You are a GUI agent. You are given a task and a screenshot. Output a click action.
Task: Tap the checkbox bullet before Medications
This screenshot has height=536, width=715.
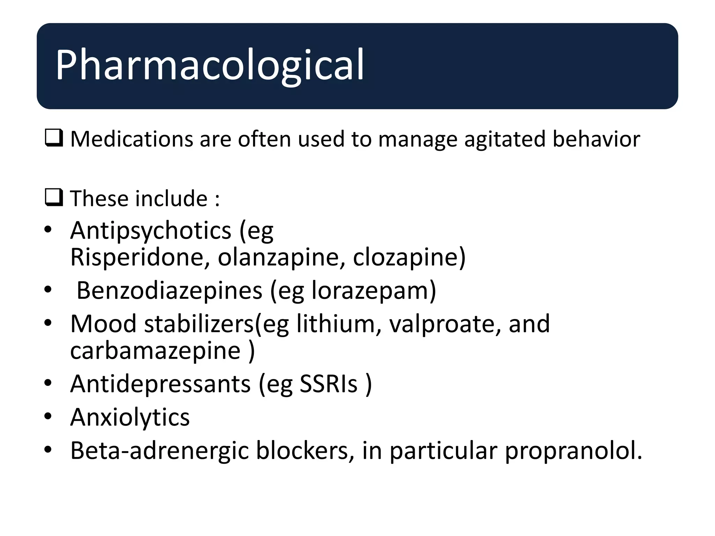54,138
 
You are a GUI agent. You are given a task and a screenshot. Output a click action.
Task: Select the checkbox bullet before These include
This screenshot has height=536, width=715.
54,197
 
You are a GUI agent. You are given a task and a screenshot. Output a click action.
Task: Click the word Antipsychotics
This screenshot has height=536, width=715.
150,231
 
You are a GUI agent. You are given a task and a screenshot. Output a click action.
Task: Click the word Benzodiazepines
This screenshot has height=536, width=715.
169,291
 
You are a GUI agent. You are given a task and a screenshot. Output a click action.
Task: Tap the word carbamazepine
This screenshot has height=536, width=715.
155,351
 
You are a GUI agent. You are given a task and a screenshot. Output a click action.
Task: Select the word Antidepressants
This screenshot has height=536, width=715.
160,384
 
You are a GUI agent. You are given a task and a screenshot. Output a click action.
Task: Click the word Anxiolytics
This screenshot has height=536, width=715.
130,417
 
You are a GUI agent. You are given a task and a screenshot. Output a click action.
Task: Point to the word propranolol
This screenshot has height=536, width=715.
573,451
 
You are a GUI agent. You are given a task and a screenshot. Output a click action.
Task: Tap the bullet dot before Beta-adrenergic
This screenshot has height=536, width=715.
48,449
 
